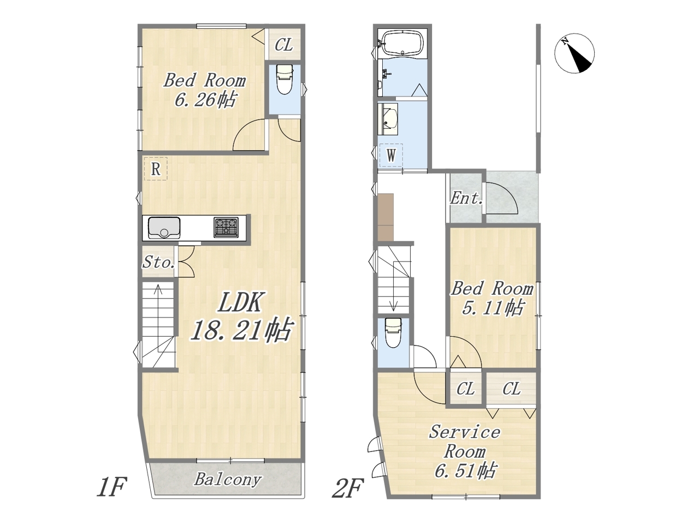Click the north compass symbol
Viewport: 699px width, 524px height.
tap(574, 53)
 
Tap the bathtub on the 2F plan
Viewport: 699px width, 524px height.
tap(402, 43)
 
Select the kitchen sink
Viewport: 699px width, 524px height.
tap(164, 227)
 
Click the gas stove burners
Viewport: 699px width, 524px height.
tap(226, 227)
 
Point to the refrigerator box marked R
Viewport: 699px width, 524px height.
tap(156, 169)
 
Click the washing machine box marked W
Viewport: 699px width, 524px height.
tap(391, 156)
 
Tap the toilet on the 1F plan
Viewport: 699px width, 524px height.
tap(285, 79)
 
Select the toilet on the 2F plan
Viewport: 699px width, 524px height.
tap(394, 333)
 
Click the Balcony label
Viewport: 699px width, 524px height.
tap(228, 479)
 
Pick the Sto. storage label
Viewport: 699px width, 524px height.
tap(158, 263)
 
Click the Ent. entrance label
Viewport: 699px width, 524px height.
tap(466, 199)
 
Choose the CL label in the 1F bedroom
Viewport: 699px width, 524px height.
tap(284, 45)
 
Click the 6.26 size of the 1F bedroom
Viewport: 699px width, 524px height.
tap(205, 100)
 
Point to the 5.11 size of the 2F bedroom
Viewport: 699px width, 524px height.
tap(493, 308)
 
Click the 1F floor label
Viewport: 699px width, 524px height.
tap(112, 487)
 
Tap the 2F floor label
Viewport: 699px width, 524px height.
tap(347, 489)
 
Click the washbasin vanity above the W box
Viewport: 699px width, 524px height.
tap(388, 119)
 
